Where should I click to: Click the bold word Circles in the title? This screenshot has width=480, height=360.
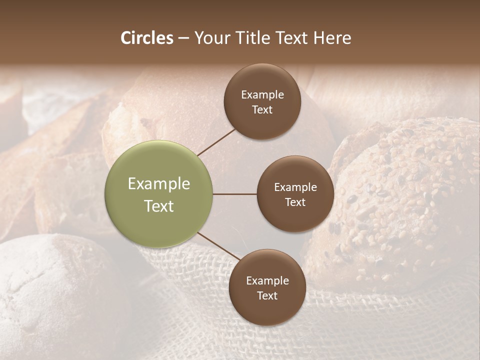click(146, 38)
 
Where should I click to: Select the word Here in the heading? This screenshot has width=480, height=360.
click(332, 38)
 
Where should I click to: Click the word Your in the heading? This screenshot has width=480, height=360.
click(212, 38)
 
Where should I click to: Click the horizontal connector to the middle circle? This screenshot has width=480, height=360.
click(235, 194)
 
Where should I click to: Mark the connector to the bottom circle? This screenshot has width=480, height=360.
click(218, 246)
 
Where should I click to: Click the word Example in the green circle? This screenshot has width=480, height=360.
click(159, 184)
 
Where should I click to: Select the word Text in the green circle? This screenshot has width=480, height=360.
click(159, 206)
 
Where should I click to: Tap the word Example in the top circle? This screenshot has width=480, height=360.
click(262, 95)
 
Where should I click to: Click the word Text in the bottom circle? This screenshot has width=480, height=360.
click(267, 295)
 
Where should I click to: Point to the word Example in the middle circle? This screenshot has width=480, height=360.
click(295, 187)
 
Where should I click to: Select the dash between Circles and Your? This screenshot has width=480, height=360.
click(183, 38)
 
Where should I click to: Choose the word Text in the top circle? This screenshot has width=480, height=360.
click(262, 109)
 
